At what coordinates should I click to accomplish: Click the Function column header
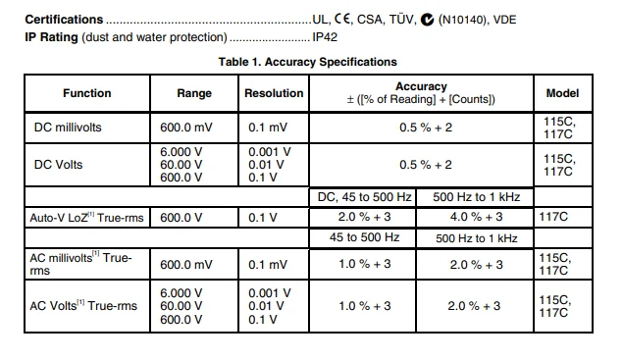point(87,93)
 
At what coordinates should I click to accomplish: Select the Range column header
point(194,93)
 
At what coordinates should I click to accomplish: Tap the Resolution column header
point(274,93)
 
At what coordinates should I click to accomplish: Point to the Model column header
point(562,93)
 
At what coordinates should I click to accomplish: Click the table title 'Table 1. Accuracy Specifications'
point(307,62)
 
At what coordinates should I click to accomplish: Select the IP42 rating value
point(325,37)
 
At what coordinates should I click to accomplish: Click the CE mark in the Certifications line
point(342,19)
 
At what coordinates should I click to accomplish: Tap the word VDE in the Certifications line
point(504,20)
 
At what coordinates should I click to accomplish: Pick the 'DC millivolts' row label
point(68,128)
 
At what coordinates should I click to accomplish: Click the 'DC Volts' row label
point(59,165)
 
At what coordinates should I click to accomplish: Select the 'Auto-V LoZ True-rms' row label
point(86,218)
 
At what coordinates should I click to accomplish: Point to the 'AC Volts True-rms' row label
point(83,306)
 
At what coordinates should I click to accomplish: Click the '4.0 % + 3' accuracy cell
point(476,217)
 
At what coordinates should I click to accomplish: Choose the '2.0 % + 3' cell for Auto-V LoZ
point(364,217)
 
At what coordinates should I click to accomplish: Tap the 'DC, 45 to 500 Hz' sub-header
point(364,197)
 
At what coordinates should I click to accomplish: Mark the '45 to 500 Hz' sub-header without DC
point(364,237)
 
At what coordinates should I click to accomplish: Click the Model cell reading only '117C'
point(553,217)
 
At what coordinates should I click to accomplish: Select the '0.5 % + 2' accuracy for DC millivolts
point(426,128)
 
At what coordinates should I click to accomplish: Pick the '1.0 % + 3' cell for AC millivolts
point(364,264)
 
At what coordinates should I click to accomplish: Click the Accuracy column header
point(421,92)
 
